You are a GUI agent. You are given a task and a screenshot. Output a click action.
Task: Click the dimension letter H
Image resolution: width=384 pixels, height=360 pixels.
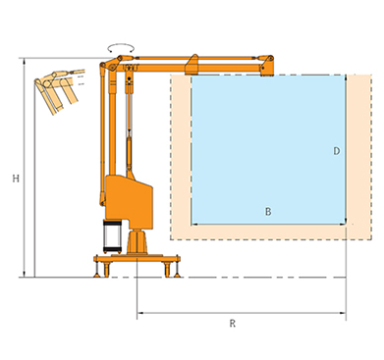[x=16, y=179]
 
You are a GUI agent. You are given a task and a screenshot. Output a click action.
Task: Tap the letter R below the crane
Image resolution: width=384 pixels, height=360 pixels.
[x=233, y=324]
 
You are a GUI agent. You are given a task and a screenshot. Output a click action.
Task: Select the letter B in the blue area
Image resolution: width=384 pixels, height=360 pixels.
[x=268, y=212]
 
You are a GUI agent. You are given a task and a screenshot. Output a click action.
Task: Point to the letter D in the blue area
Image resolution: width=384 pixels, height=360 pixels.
[x=337, y=151]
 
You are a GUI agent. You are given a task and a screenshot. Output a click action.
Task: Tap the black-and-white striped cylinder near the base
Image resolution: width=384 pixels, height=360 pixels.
[x=111, y=236]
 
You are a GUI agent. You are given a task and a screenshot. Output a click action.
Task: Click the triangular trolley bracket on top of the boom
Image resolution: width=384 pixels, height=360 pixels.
[x=192, y=64]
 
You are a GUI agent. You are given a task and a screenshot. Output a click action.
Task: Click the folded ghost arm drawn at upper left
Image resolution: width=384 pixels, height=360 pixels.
[x=59, y=88]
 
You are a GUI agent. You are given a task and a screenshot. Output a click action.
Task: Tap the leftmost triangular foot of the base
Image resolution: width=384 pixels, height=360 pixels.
[x=97, y=275]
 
